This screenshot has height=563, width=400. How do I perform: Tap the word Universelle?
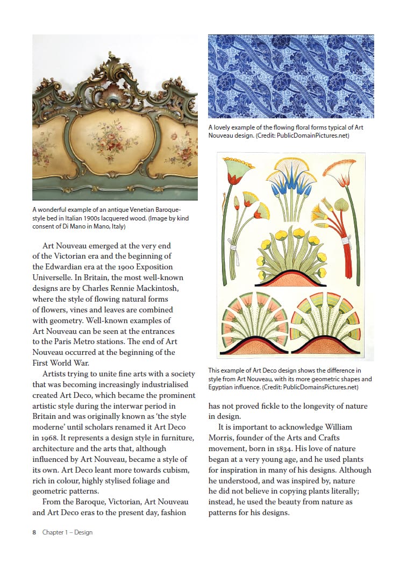54,277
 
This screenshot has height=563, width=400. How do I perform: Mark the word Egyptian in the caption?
225,387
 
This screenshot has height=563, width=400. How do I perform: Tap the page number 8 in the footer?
34,532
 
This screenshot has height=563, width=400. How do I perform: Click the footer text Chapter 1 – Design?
68,532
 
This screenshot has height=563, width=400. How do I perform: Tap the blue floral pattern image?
291,76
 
